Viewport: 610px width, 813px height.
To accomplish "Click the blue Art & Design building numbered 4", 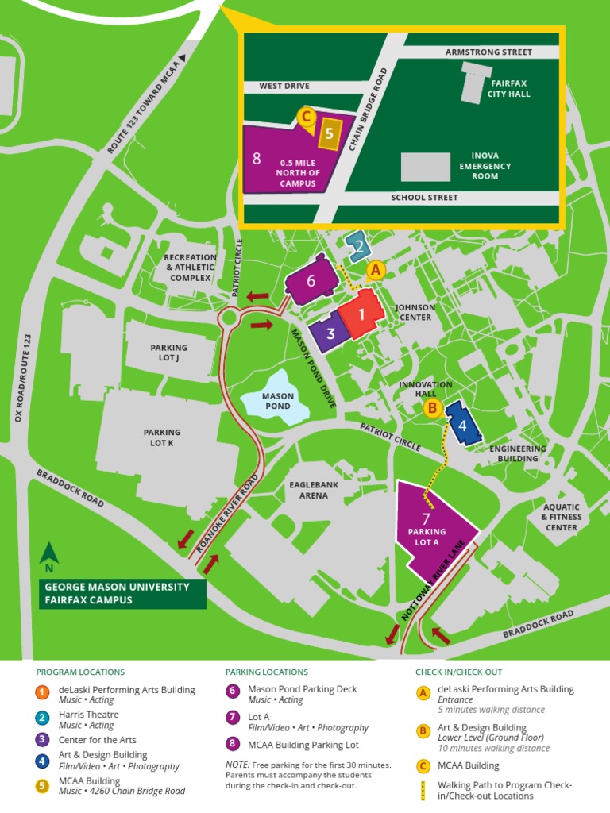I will pos(462,424).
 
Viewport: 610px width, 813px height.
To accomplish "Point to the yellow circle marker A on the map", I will pos(376,270).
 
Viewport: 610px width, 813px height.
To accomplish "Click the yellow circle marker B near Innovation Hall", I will pos(432,408).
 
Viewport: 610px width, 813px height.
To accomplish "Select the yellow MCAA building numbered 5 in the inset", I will pos(329,133).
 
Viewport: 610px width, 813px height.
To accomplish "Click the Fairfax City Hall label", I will pos(509,88).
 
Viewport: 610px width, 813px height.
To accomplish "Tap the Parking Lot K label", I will pos(161,437).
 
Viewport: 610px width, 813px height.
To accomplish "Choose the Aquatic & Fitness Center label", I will pos(562,517).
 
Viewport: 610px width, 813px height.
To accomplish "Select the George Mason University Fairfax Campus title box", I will pos(123,593).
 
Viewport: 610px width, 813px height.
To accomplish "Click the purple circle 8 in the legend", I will pos(233,745).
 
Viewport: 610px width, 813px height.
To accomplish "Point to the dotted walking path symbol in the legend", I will pos(423,790).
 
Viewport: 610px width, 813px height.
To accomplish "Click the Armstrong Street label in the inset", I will pos(488,52).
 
